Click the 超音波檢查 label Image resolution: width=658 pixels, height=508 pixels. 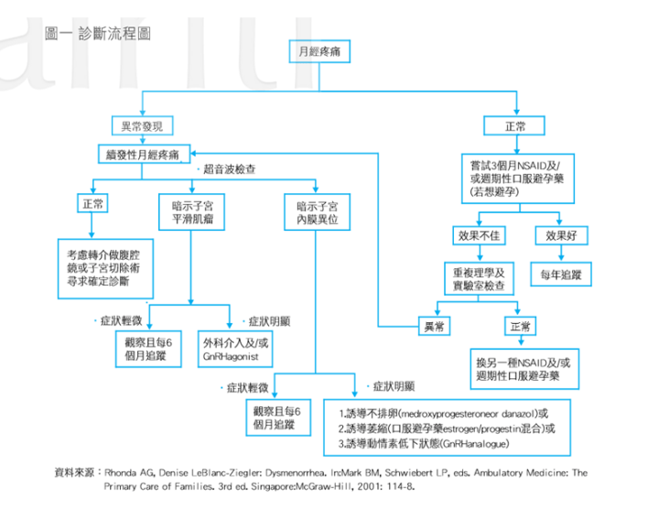click(x=229, y=169)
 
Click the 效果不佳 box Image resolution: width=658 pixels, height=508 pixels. click(x=480, y=235)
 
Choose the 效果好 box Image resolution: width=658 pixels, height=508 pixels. click(x=559, y=235)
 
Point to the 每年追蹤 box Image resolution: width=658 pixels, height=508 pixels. click(x=560, y=274)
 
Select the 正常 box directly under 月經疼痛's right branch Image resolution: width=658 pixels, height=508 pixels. click(x=516, y=126)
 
